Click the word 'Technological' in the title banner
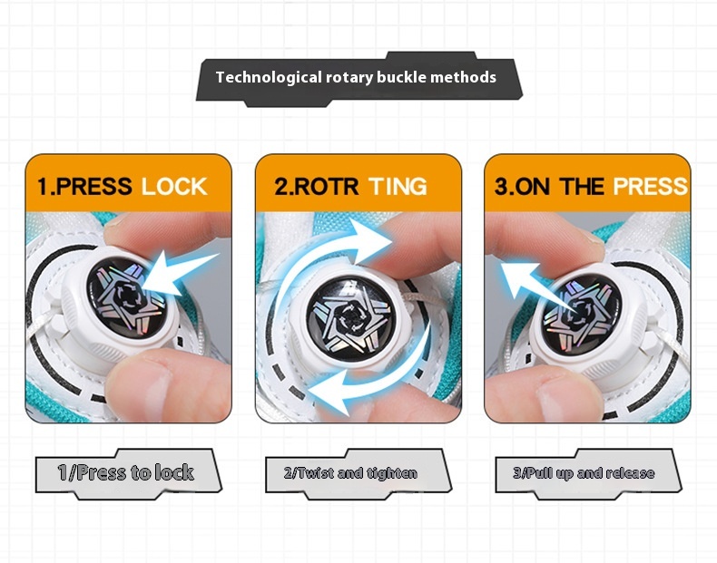(269, 77)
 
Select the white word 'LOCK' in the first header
(174, 187)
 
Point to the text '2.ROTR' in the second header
(316, 186)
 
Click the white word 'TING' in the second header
(398, 186)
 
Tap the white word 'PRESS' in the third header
(650, 186)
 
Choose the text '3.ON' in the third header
(522, 186)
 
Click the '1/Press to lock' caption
(126, 472)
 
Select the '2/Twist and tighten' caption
(350, 473)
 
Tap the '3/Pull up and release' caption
(584, 473)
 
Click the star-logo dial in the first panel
(126, 299)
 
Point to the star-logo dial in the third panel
(582, 315)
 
